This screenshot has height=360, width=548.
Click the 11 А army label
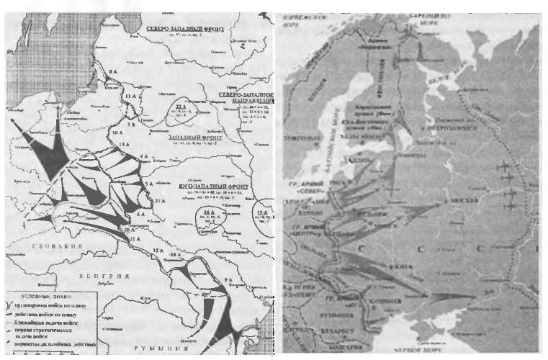click(x=130, y=96)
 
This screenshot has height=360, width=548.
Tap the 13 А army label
click(x=123, y=145)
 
